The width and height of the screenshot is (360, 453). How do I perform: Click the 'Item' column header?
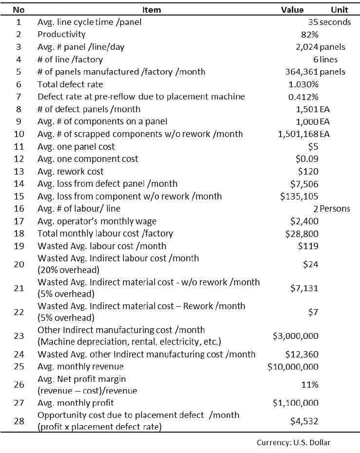(x=152, y=10)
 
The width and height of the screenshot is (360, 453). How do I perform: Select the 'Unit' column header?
(x=339, y=10)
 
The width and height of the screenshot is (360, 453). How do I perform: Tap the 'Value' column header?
(x=292, y=10)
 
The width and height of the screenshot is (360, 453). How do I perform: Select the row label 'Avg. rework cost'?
(x=70, y=172)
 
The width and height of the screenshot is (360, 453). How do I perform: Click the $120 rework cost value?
(x=308, y=172)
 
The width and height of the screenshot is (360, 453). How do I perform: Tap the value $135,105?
(x=299, y=197)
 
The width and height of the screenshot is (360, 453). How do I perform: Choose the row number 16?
(x=19, y=209)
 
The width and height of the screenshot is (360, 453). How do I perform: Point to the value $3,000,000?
(x=295, y=336)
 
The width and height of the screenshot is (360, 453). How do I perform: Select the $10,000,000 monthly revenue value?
(x=293, y=367)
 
